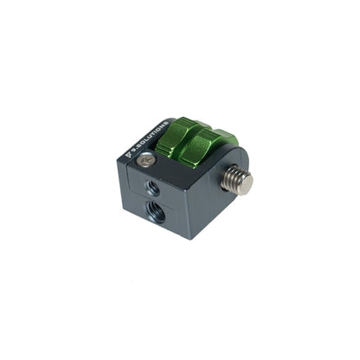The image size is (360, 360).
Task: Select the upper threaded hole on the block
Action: [153, 186]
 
